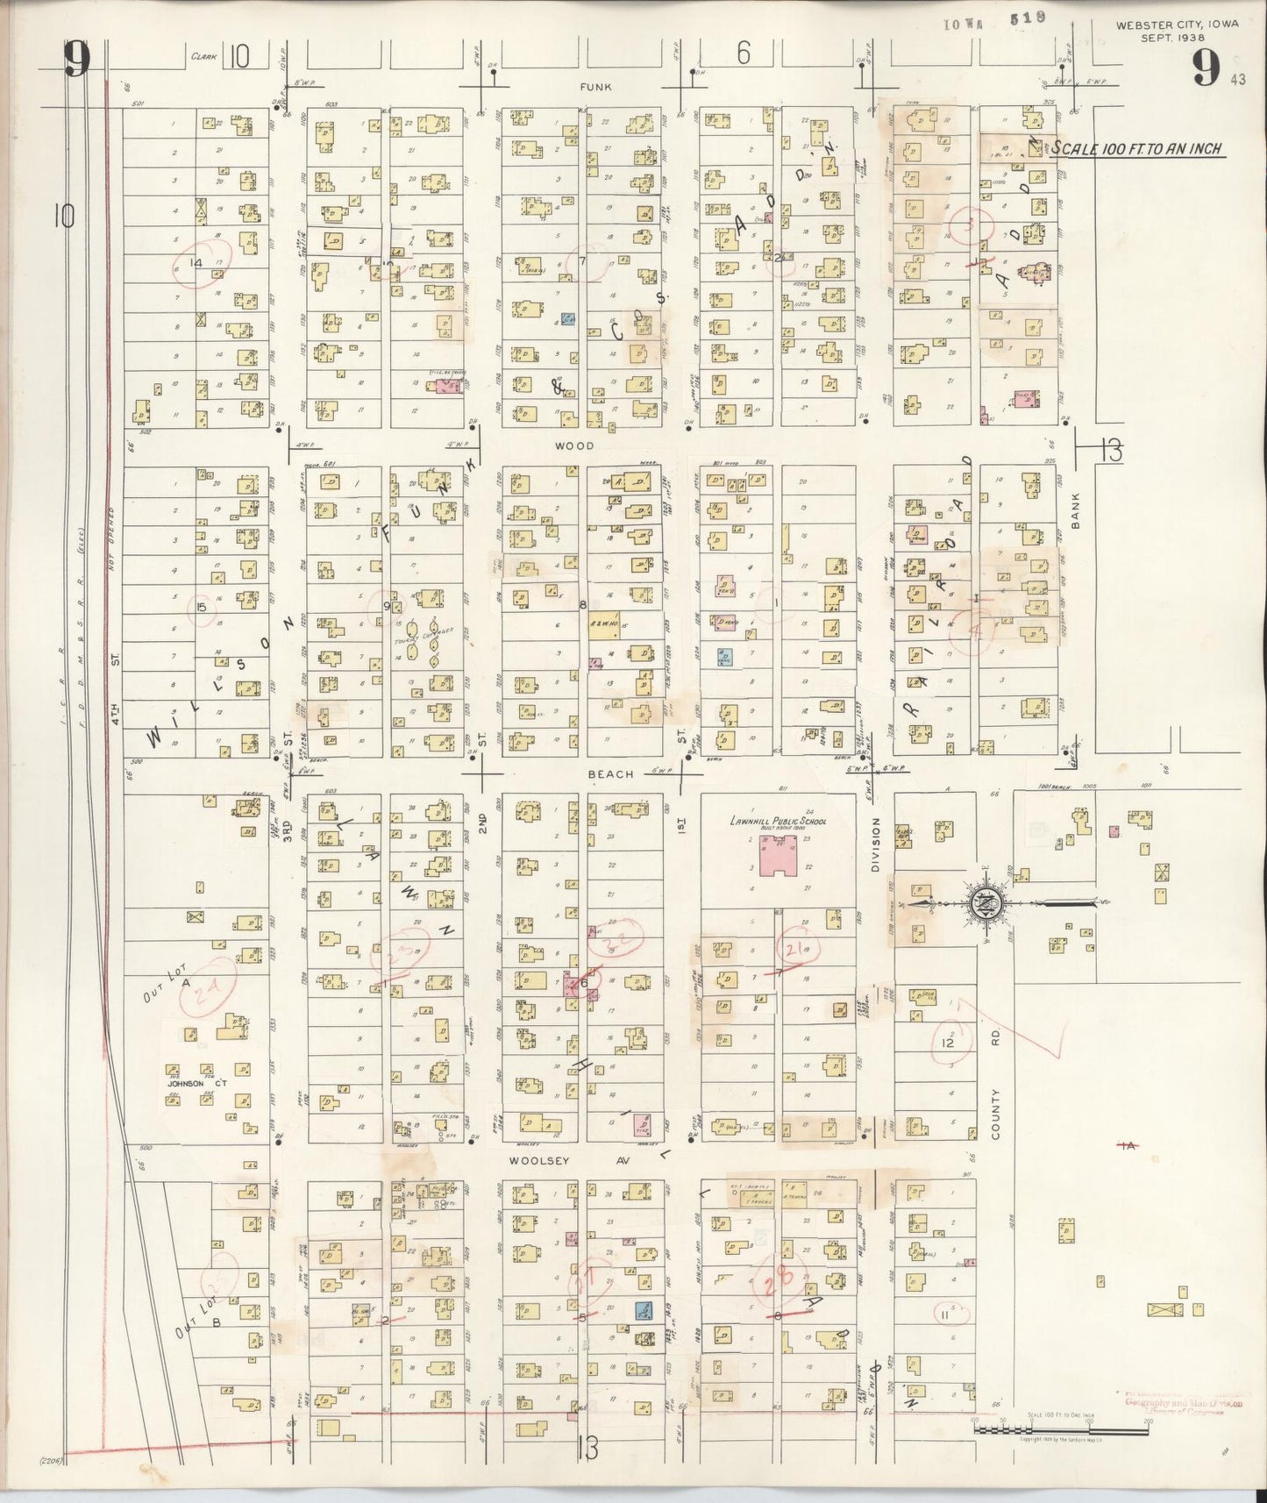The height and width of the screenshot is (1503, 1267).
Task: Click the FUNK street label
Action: [594, 87]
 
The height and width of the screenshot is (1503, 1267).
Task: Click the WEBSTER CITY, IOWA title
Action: [1177, 25]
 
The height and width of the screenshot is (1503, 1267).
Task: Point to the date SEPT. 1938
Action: [1177, 38]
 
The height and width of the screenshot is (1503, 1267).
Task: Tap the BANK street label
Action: [1075, 510]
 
